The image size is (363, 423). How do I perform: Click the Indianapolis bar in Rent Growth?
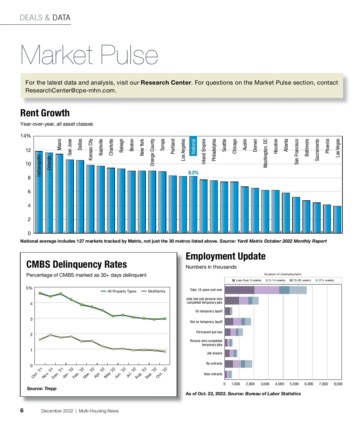(39, 193)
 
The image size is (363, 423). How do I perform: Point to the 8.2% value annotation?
(193, 173)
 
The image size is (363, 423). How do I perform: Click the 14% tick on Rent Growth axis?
(25, 136)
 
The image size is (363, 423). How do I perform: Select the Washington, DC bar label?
(265, 153)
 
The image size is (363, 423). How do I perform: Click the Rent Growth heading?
(45, 113)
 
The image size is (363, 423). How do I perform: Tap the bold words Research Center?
(166, 82)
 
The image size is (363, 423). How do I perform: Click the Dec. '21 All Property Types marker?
(61, 294)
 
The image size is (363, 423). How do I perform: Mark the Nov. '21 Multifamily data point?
(51, 335)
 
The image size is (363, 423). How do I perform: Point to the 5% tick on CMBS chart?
(29, 288)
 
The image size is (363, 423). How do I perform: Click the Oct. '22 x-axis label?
(162, 373)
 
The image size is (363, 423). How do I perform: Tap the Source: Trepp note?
(41, 389)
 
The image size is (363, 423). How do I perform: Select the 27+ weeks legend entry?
(326, 280)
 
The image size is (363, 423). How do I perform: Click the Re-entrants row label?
(214, 363)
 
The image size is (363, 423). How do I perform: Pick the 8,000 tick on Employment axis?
(338, 384)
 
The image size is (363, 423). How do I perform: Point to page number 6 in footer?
(22, 410)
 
